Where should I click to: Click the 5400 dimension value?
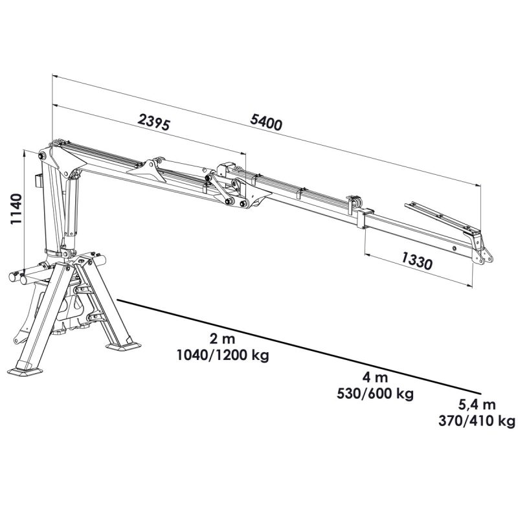coord(266,122)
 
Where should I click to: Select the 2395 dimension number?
coord(154,122)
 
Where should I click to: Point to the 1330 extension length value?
coord(416,260)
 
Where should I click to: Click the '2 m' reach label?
coord(222,339)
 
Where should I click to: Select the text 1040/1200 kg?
coord(223,355)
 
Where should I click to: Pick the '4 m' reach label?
coord(375,377)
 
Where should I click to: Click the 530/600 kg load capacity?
coord(375,394)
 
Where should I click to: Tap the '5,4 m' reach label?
coord(477,404)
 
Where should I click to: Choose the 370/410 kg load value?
coord(477,421)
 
